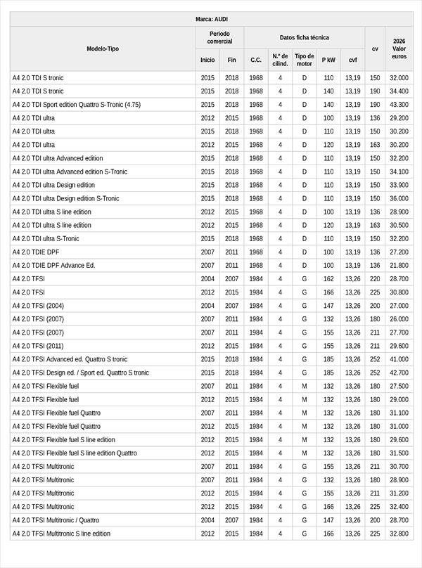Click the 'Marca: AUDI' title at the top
[211, 19]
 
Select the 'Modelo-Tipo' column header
[103, 49]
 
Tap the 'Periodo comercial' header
[219, 37]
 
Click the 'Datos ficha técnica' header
[304, 37]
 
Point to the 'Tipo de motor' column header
[305, 60]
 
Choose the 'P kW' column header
[328, 60]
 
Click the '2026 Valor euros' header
[399, 49]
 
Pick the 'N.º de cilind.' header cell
[280, 60]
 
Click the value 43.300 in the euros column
[399, 105]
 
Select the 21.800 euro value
[399, 266]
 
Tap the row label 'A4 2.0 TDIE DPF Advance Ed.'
[53, 266]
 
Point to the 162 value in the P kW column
[328, 279]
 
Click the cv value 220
[375, 279]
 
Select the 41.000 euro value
[399, 359]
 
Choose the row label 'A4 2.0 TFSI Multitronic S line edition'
[61, 534]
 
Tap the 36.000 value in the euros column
[399, 198]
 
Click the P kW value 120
[328, 145]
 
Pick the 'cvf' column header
[352, 60]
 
